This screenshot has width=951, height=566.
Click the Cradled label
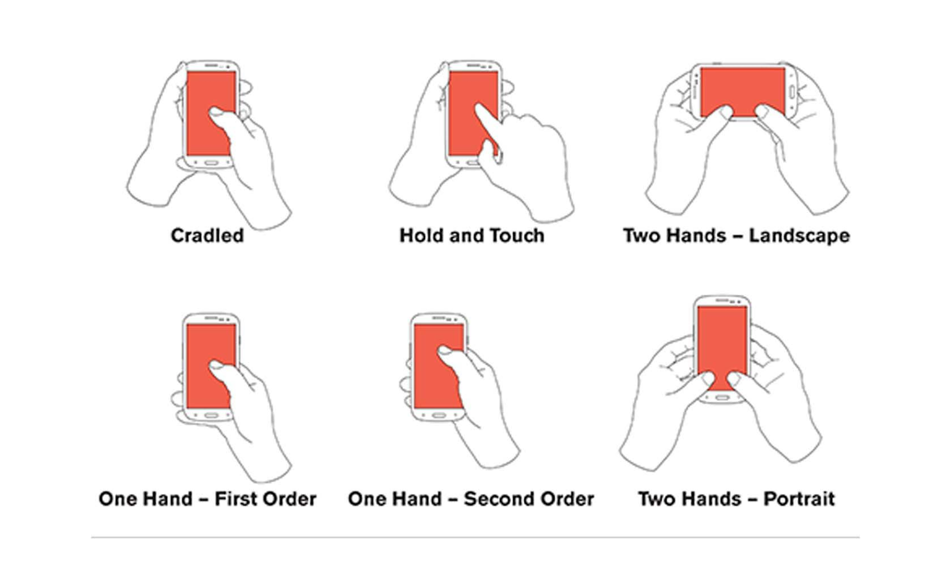click(x=207, y=235)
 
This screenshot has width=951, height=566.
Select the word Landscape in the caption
click(x=799, y=236)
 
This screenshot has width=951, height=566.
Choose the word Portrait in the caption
click(x=799, y=499)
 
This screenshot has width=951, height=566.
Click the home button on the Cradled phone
click(x=211, y=163)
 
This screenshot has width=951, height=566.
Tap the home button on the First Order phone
click(x=211, y=415)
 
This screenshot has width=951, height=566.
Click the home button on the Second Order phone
click(x=439, y=415)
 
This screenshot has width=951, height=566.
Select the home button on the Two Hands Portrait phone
click(x=722, y=397)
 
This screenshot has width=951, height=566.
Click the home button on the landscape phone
click(x=791, y=92)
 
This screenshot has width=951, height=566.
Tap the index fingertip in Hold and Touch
click(x=479, y=107)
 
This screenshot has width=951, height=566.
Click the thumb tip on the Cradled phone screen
click(x=216, y=112)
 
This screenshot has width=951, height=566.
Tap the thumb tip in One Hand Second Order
click(x=444, y=351)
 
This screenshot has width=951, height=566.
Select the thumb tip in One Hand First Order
click(x=216, y=365)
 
